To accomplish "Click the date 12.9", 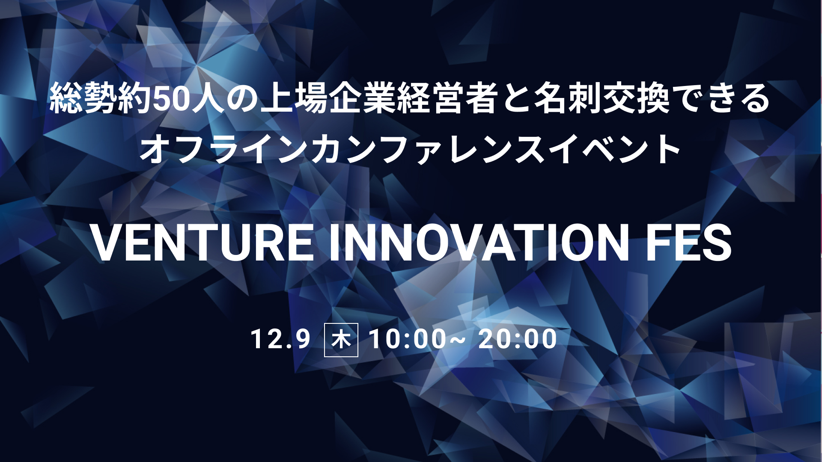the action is pos(280,339).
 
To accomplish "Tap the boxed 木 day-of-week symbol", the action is pos(341,341).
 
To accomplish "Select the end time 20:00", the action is pos(518,339).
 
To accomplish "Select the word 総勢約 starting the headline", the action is pos(101,99).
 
